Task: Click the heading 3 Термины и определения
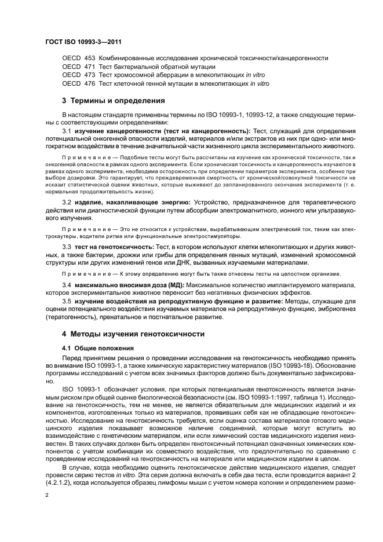pyautogui.click(x=114, y=100)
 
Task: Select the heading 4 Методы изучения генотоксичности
pyautogui.click(x=135, y=335)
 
